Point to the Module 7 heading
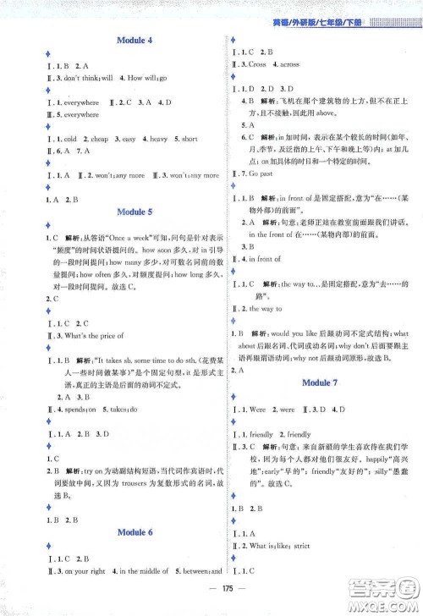[x=322, y=382]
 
